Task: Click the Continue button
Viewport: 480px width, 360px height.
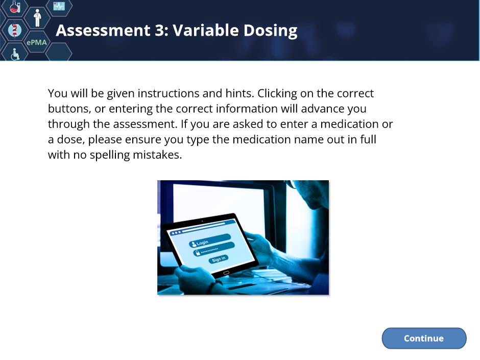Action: (424, 338)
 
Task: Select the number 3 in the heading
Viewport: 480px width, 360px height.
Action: (160, 30)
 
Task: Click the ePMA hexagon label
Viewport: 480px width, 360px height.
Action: (37, 42)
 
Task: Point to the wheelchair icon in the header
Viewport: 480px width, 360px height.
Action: (15, 54)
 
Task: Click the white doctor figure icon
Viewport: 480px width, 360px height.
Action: (37, 18)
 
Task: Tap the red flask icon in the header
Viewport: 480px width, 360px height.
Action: (14, 7)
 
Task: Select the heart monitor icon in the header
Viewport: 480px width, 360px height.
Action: (59, 6)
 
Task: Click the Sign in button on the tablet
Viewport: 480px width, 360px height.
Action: (219, 259)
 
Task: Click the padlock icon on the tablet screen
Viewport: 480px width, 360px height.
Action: (198, 253)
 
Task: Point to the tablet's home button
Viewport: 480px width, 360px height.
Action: (226, 273)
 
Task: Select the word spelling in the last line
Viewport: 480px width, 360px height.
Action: (110, 155)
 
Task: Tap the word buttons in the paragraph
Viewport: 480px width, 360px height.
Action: (69, 109)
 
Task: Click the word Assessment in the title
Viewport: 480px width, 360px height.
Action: (103, 30)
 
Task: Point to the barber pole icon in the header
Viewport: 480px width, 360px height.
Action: (14, 30)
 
